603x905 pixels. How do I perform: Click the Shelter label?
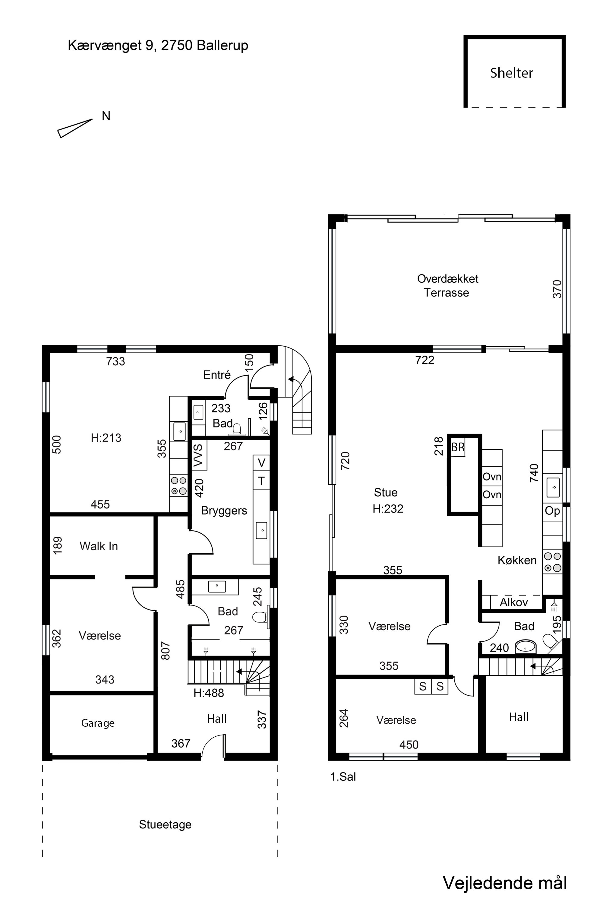click(511, 73)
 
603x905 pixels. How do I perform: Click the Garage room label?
click(98, 723)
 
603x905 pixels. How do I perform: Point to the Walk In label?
click(99, 546)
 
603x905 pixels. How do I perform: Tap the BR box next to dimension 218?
click(458, 447)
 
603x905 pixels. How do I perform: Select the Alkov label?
click(513, 602)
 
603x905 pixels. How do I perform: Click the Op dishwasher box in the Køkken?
click(552, 511)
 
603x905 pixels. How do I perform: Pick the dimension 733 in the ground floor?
click(115, 361)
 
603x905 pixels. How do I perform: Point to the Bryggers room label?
click(224, 511)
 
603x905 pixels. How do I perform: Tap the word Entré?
click(217, 375)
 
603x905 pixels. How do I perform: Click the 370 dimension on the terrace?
click(557, 289)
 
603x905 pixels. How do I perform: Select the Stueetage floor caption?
click(165, 824)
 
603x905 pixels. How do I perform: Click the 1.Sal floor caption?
click(343, 776)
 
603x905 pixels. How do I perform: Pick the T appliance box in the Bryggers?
click(261, 481)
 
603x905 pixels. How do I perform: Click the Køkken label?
click(517, 560)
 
